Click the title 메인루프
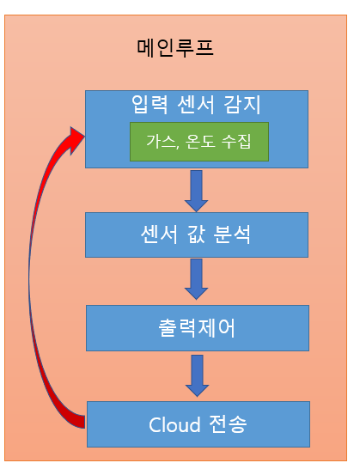(x=175, y=48)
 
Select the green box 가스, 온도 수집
(x=199, y=142)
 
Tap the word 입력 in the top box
(x=149, y=105)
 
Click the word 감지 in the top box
(x=242, y=105)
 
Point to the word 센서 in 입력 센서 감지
(x=196, y=105)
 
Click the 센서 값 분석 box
(x=197, y=234)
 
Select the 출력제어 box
(x=198, y=328)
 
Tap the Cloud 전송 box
(x=198, y=424)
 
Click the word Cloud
(x=174, y=424)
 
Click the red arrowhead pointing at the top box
(x=77, y=141)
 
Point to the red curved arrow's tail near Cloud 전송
(x=81, y=422)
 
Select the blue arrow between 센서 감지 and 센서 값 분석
(x=196, y=192)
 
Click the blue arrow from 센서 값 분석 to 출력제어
(x=196, y=279)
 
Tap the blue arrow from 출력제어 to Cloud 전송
(x=198, y=375)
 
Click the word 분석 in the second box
(x=232, y=234)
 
